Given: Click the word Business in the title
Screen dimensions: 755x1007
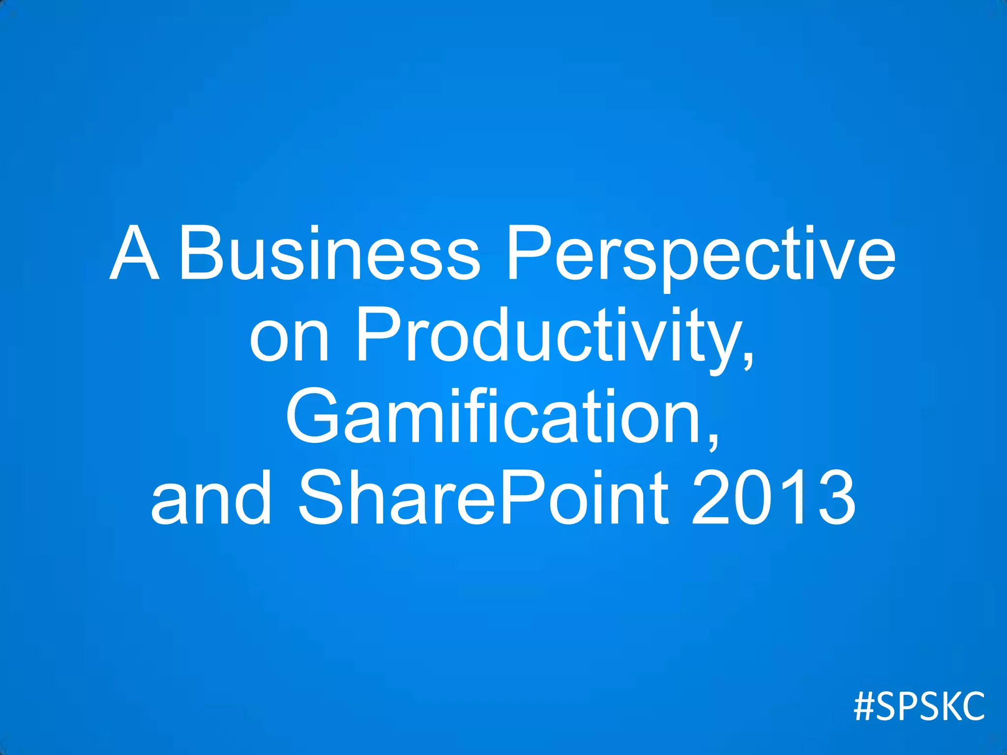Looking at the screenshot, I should pyautogui.click(x=328, y=254).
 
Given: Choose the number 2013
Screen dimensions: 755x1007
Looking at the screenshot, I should pyautogui.click(x=773, y=497).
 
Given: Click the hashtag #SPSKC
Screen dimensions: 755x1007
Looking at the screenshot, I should pyautogui.click(x=919, y=707).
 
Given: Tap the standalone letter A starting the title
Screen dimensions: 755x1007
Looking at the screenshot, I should pyautogui.click(x=134, y=254).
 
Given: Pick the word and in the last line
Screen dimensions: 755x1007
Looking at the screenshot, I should pyautogui.click(x=211, y=497).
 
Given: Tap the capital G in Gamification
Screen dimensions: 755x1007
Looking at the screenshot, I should pyautogui.click(x=313, y=417).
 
